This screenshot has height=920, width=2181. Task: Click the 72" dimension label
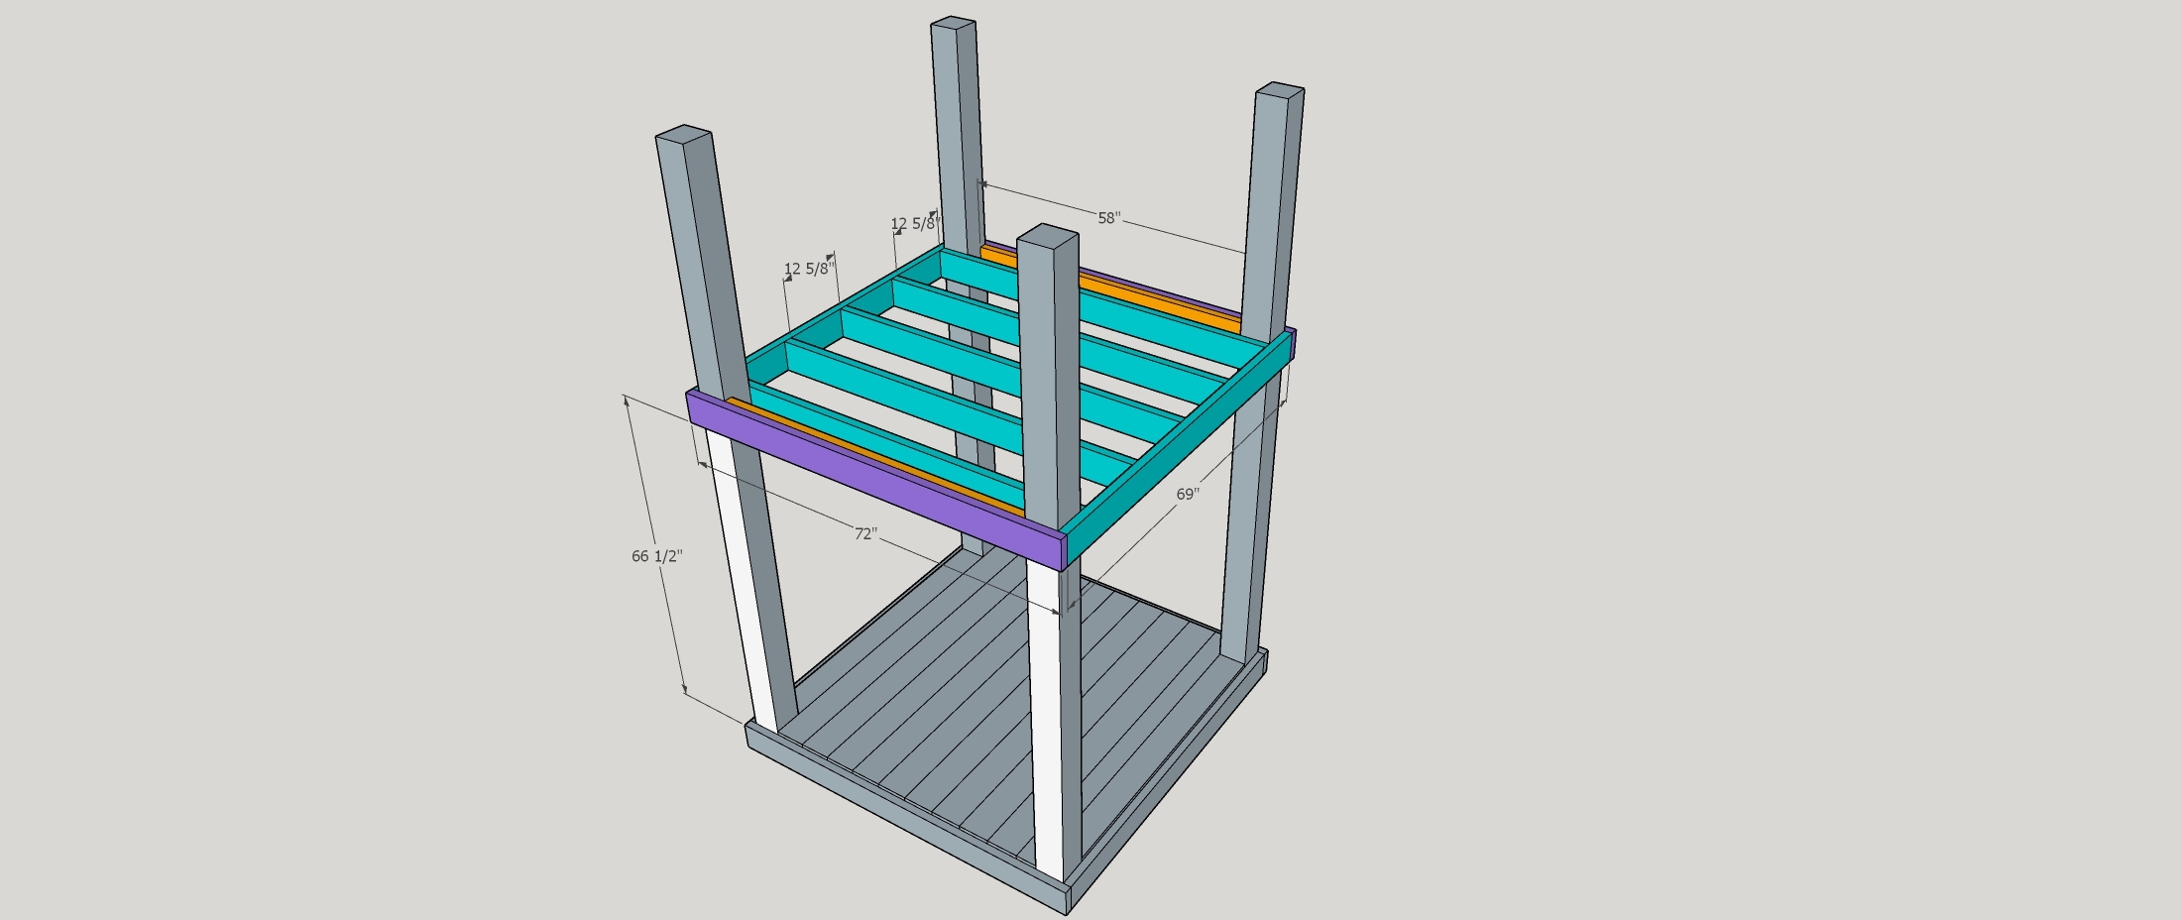pos(865,533)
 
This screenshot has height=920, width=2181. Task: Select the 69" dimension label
pos(1188,494)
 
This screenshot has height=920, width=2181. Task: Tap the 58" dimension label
pos(1108,218)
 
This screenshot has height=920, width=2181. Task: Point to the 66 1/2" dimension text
pos(656,556)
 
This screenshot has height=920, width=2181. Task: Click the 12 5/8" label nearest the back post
pos(913,224)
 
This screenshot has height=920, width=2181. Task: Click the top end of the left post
pos(684,133)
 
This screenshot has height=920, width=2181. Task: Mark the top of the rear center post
pos(953,23)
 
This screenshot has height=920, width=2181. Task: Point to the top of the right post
pos(1280,90)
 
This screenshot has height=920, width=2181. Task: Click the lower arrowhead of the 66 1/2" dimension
pos(684,688)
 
